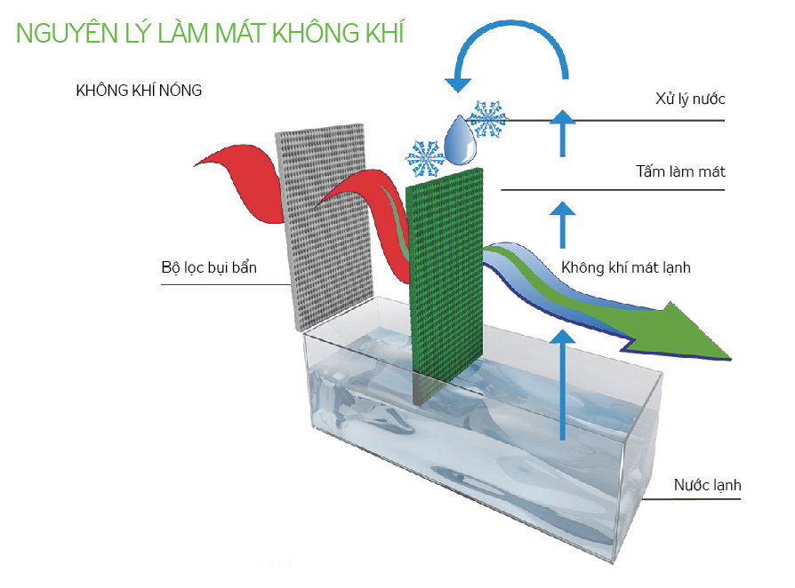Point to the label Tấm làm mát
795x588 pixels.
pos(680,171)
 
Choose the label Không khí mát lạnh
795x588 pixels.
pos(626,266)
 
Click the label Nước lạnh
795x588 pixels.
pos(707,485)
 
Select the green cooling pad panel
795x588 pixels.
pos(445,275)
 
